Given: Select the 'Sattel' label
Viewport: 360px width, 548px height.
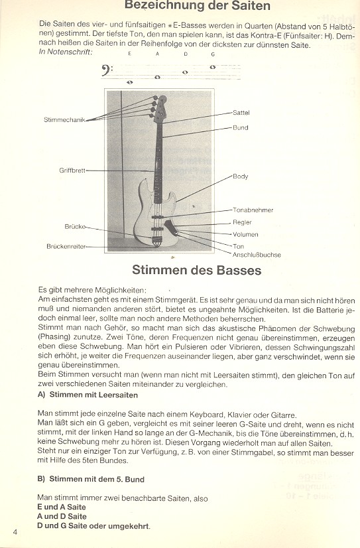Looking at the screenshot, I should coord(241,113).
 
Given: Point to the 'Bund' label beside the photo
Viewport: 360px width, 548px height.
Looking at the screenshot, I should coord(240,127).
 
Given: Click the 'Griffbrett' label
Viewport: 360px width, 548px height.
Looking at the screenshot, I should coord(72,170).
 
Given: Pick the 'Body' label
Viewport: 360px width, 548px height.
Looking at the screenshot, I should coord(240,176).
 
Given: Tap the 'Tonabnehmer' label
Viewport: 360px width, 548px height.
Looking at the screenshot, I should coord(253,210).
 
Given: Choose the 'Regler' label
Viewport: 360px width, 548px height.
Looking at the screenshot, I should coord(242,222).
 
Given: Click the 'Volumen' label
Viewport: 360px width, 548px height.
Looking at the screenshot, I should coord(245,234).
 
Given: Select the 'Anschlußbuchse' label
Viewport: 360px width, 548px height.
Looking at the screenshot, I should coord(257,255).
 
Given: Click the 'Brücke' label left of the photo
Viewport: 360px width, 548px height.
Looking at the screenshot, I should coord(75,226).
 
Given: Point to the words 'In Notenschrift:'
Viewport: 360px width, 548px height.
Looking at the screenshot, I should coord(66,52).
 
